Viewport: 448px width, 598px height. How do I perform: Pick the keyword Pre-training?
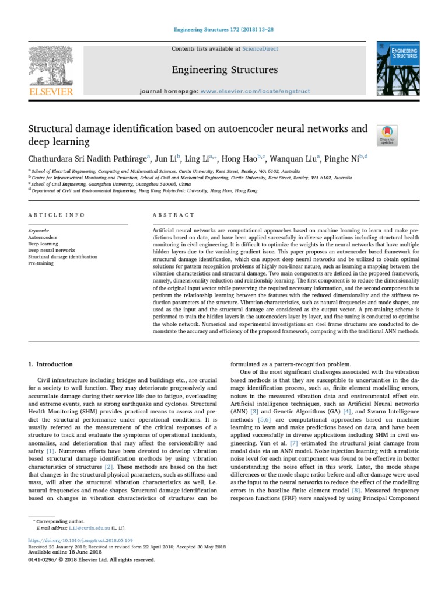coord(40,263)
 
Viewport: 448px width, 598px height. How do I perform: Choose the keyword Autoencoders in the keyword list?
coord(42,238)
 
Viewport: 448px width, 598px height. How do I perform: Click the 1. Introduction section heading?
coord(51,364)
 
